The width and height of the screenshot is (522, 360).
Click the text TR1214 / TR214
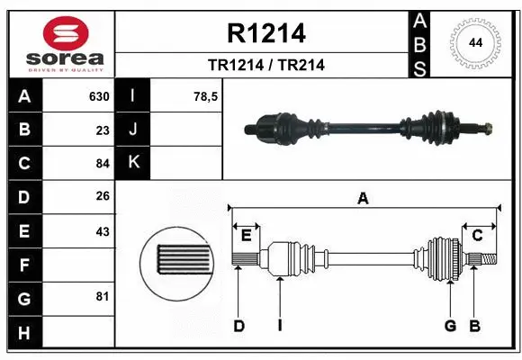tap(265, 65)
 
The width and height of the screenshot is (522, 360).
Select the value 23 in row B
tap(103, 130)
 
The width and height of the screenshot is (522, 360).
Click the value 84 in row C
tap(103, 163)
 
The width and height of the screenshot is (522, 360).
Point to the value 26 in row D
tap(103, 197)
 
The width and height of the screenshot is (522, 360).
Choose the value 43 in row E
tap(103, 231)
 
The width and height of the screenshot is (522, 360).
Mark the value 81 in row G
tap(103, 296)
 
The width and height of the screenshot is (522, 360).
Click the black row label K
tap(134, 163)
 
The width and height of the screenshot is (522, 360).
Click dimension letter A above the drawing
tap(363, 199)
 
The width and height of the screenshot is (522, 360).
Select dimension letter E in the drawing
tap(246, 236)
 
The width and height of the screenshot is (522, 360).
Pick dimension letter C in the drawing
tap(478, 236)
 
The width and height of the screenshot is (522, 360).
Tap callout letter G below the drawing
tap(450, 326)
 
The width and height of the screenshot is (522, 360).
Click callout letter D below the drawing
tap(239, 326)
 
